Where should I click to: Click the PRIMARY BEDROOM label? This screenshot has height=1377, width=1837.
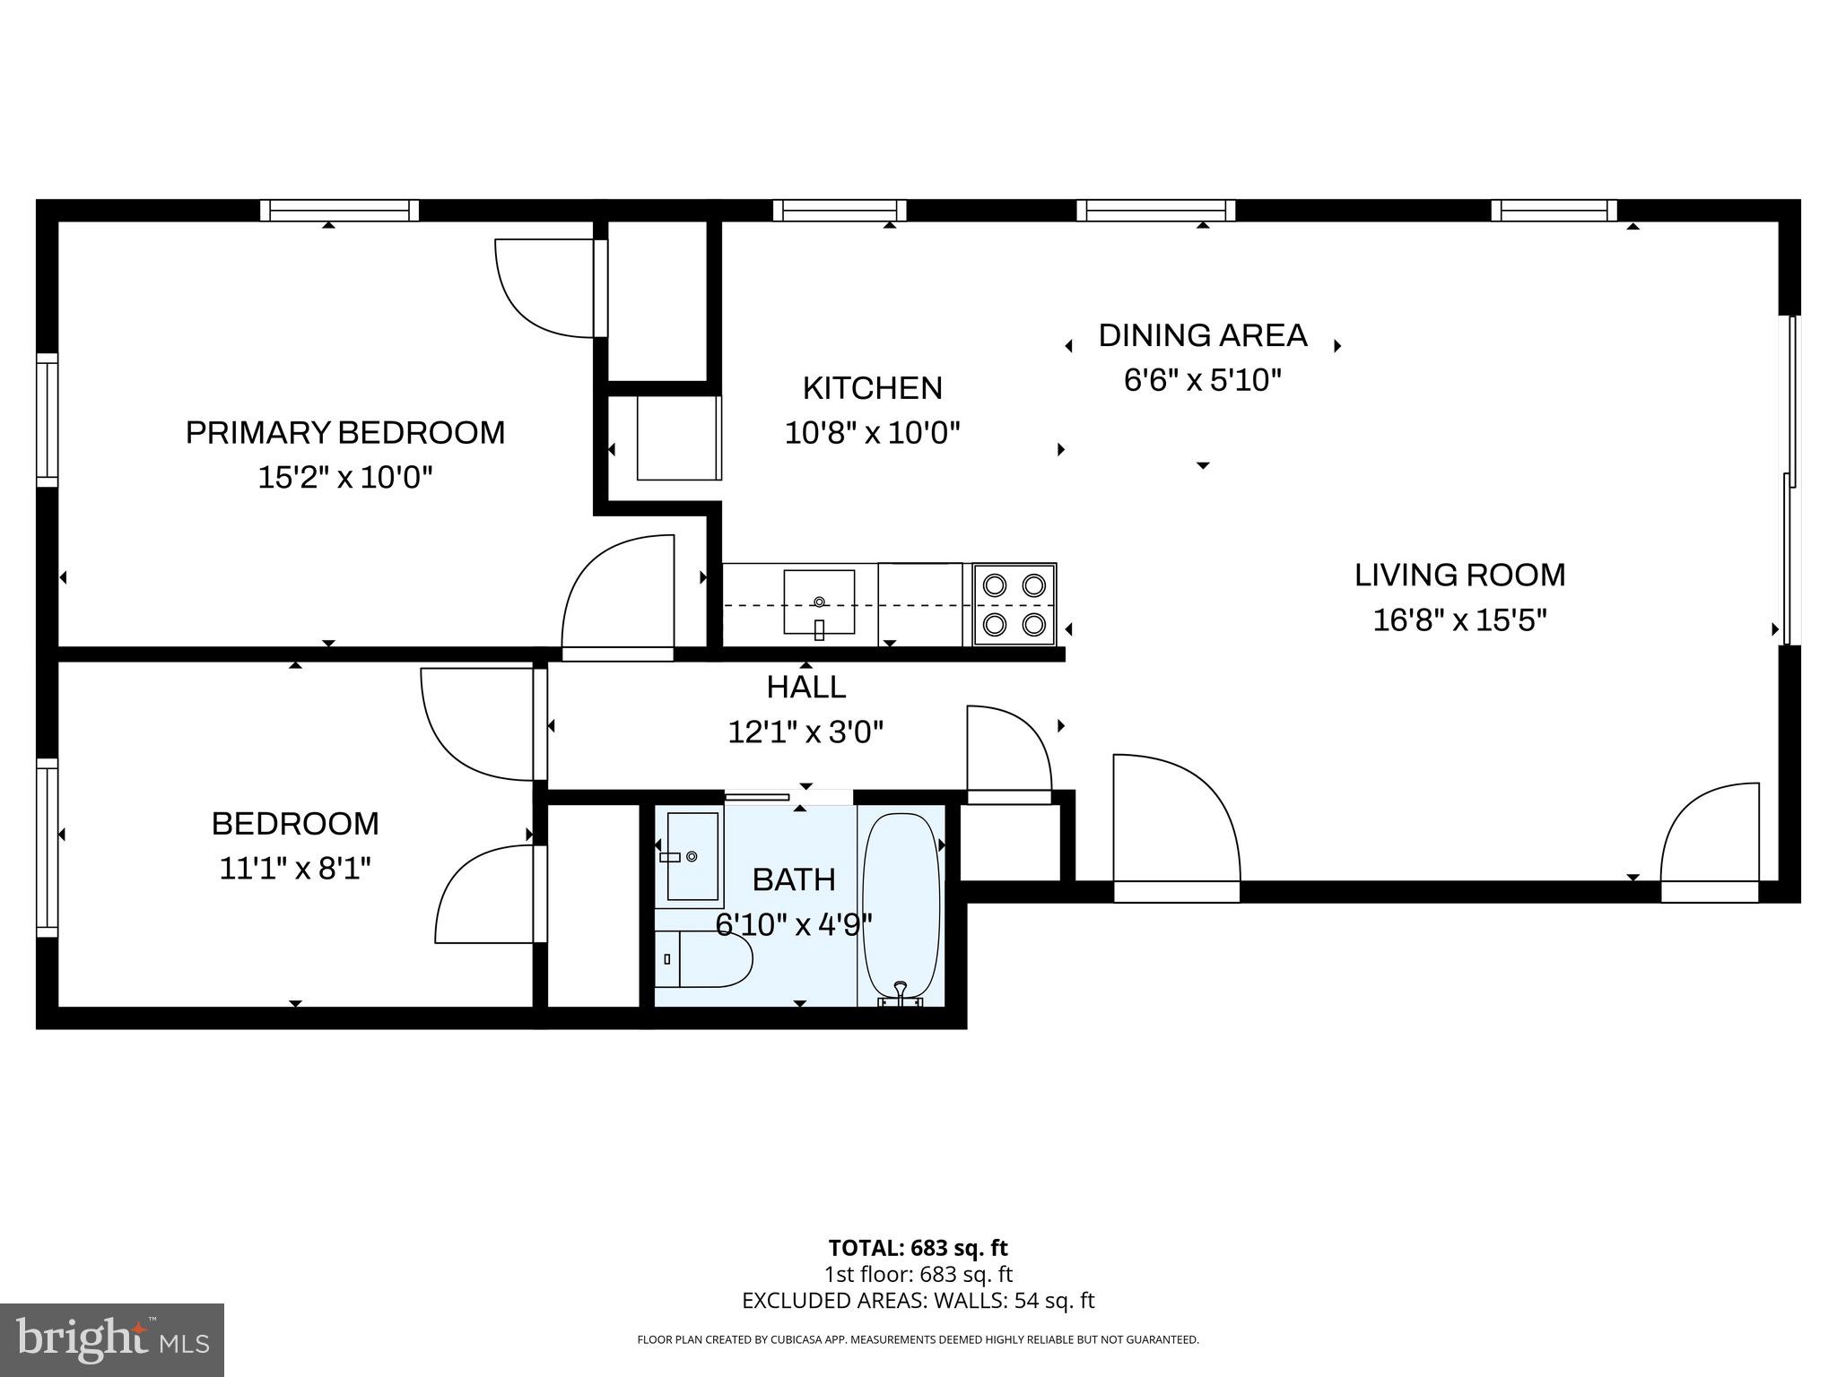point(345,433)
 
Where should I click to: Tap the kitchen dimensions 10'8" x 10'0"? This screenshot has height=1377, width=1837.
point(873,434)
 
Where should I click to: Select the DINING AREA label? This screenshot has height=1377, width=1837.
point(1203,335)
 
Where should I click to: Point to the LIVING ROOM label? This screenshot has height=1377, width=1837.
point(1459,575)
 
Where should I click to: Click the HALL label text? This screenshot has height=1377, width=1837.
point(806,688)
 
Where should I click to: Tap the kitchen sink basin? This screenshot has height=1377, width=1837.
point(819,602)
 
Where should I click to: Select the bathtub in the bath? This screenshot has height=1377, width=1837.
point(901,908)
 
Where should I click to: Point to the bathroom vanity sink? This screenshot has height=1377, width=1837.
point(692,856)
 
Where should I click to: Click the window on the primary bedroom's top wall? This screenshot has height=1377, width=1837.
point(340,211)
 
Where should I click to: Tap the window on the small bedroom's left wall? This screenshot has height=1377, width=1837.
point(48,848)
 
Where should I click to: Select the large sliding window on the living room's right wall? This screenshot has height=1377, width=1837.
point(1789,480)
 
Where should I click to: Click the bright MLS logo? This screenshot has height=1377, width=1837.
point(112,1339)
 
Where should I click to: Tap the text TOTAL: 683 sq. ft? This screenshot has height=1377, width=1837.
point(918,1248)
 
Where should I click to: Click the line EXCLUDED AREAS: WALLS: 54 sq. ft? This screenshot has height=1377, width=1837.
point(918,1301)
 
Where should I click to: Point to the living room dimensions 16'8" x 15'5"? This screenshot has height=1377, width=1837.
point(1459,620)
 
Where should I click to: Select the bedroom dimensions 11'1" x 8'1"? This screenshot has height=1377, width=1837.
point(295,869)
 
